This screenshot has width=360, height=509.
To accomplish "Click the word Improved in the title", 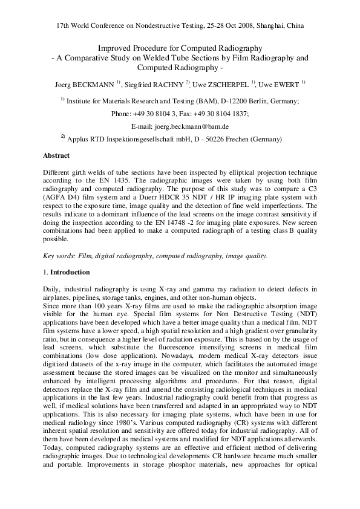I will click(113, 48).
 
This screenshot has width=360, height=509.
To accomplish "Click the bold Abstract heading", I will click(56, 155).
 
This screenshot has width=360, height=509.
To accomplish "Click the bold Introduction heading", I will click(70, 273).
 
